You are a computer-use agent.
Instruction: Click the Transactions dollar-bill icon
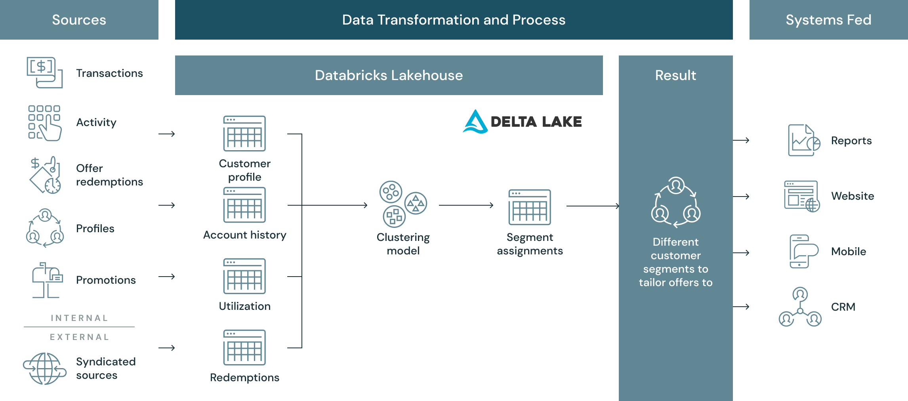44,73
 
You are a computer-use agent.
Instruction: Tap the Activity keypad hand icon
44,122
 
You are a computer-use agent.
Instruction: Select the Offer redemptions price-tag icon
45,175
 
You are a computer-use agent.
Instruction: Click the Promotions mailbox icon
47,280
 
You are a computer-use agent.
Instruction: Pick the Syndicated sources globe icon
44,369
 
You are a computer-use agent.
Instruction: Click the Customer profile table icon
244,134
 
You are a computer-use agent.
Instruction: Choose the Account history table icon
244,205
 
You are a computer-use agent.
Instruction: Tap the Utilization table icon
244,276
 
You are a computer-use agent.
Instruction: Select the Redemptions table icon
244,348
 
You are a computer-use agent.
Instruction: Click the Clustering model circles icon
403,204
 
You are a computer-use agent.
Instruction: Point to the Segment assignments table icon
530,207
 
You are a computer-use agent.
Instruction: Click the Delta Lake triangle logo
475,122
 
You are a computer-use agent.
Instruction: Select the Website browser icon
802,196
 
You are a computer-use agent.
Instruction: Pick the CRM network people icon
800,307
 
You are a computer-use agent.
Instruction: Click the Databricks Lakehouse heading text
389,75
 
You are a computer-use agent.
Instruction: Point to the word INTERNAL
79,318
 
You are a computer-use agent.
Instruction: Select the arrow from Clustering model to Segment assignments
466,205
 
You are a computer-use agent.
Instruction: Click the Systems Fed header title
828,20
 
